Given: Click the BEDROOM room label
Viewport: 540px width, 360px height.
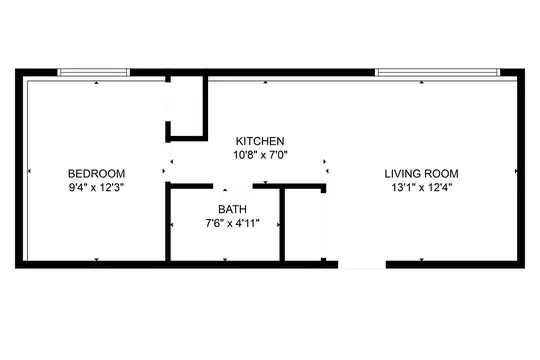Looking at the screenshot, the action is (96, 173).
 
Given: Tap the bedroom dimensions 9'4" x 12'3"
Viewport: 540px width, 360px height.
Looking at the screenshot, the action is (96, 188).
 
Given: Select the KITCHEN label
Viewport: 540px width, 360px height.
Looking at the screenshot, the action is (260, 141).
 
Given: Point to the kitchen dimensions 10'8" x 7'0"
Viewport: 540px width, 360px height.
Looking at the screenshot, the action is (260, 155).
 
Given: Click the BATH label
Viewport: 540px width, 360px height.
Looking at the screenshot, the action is (232, 209).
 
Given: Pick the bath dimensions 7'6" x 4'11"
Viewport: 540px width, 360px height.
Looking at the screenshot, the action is (232, 223).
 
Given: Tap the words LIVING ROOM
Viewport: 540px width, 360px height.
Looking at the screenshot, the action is (422, 173).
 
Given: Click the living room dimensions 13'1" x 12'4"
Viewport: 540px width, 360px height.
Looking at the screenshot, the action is (422, 188).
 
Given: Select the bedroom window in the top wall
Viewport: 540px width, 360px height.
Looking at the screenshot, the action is (94, 72).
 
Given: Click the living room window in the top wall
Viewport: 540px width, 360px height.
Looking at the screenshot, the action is (437, 72).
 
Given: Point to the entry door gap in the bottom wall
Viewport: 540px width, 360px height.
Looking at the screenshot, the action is (362, 265).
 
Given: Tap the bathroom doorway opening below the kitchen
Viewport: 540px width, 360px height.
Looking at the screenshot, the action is (233, 186).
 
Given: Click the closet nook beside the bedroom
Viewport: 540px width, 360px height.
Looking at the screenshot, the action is (186, 106).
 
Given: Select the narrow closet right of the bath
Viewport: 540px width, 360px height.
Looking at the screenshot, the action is (303, 225).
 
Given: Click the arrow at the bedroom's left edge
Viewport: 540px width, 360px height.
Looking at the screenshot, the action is (29, 171).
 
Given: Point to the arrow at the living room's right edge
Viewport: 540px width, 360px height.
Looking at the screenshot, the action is (516, 171).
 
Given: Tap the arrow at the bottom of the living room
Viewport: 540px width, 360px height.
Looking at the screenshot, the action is (422, 259).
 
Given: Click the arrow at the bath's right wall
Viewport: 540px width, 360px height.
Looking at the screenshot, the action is (278, 225).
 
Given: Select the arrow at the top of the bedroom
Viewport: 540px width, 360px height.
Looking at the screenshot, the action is (97, 83).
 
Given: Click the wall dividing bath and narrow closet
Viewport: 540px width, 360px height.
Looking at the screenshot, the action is (282, 225).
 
